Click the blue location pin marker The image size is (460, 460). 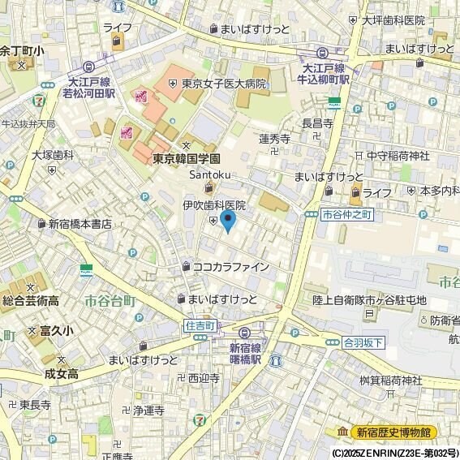click(x=228, y=220)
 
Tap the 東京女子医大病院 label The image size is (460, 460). click(x=223, y=83)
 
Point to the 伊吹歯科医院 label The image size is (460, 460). click(x=213, y=206)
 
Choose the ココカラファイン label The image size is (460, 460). click(x=230, y=266)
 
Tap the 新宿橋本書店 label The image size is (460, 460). click(x=79, y=224)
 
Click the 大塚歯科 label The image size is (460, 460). click(x=53, y=154)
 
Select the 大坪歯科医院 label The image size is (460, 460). click(x=393, y=20)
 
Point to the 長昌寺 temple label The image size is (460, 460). click(x=317, y=123)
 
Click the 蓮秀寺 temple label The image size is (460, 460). click(x=274, y=139)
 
